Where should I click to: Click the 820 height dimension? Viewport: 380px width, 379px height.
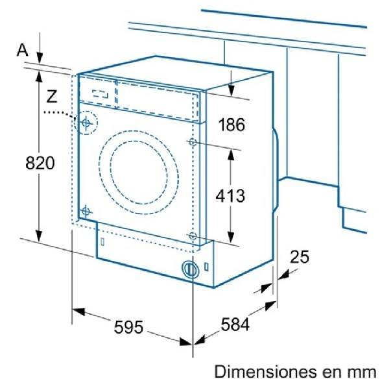pyautogui.click(x=40, y=163)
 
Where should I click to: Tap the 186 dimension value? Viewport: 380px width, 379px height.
pyautogui.click(x=232, y=125)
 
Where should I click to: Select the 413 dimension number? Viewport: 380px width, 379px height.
pyautogui.click(x=230, y=195)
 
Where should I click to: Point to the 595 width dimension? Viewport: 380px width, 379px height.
pyautogui.click(x=128, y=327)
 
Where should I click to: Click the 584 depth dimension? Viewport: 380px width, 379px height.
pyautogui.click(x=235, y=324)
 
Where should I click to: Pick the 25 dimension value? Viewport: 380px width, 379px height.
pyautogui.click(x=300, y=256)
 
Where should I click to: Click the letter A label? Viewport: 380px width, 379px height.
pyautogui.click(x=22, y=50)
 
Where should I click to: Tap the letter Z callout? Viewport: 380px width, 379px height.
pyautogui.click(x=52, y=96)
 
